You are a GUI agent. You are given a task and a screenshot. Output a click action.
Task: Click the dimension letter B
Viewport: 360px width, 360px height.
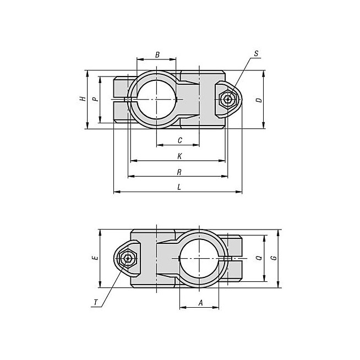[x=157, y=55]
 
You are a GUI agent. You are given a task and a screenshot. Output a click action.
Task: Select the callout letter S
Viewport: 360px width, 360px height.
[x=256, y=53]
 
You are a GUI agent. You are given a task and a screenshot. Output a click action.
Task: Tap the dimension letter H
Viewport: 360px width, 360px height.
[x=83, y=99]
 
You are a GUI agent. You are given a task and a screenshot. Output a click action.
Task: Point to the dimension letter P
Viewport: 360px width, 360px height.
[x=95, y=99]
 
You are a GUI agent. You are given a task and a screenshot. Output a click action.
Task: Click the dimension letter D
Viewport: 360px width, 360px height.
[x=259, y=100]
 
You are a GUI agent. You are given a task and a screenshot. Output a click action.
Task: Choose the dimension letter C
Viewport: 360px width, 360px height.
[x=180, y=140]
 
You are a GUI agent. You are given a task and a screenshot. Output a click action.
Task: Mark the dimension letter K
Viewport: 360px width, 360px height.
[x=179, y=156]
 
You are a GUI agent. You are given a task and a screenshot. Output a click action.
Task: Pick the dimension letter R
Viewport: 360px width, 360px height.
[x=179, y=172]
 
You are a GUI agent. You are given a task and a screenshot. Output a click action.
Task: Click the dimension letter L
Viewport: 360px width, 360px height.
[x=179, y=187]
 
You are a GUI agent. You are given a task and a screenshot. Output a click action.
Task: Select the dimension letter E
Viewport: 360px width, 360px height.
[x=95, y=258]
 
